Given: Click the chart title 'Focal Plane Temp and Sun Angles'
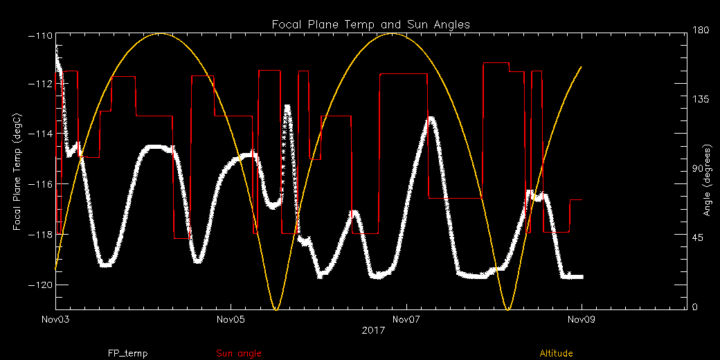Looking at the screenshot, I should [x=371, y=24].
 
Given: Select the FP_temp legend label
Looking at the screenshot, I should [x=127, y=353].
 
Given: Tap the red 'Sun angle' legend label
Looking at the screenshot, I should [x=239, y=353].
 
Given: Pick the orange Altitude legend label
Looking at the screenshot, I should [x=556, y=353].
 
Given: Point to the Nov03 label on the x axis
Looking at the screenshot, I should [x=55, y=320].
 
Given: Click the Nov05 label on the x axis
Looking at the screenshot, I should [x=231, y=320].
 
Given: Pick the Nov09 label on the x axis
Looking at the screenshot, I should [x=581, y=320].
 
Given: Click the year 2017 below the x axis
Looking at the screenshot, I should [x=372, y=332].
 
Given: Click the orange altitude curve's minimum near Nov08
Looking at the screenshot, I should [x=509, y=309].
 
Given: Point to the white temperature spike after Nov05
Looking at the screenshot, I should [x=287, y=107].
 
